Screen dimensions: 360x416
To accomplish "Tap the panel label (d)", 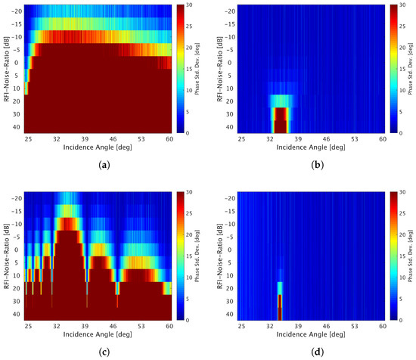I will tap(309, 352).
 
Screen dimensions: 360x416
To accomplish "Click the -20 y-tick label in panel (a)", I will tap(17, 12).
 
